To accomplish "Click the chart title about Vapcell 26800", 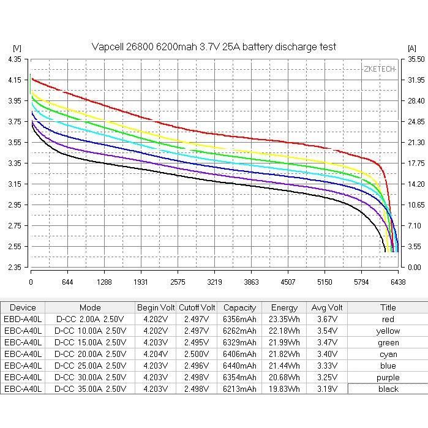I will tap(214, 47).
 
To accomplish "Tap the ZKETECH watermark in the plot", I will tap(380, 69).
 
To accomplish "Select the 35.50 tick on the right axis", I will tap(416, 59).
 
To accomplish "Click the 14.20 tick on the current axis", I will tap(416, 184).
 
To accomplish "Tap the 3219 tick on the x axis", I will tap(214, 282).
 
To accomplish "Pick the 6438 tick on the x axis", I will tap(398, 282).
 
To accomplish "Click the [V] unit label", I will tap(17, 48).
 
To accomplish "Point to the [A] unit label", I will tap(411, 48).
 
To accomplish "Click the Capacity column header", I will tap(239, 307).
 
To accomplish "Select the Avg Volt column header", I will tap(326, 307).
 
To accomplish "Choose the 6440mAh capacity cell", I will tap(239, 366).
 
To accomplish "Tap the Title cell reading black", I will tap(388, 389).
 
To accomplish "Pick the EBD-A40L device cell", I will tap(23, 319).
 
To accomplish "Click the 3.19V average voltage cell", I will tap(326, 389).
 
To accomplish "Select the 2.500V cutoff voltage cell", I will tap(197, 354).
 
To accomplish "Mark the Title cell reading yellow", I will tap(388, 331).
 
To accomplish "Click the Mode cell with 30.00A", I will tap(90, 377).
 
